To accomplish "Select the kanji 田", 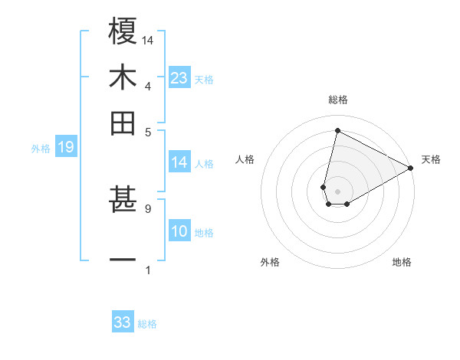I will point(123,123).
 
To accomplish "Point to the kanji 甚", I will point(123,201).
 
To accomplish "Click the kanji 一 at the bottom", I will point(123,260).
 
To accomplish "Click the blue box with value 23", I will point(179,77).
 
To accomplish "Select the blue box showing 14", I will point(179,162).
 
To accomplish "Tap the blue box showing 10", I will point(179,232).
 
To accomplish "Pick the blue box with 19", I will point(65,148).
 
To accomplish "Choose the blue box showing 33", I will point(123,322).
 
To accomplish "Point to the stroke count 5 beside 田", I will point(148,131).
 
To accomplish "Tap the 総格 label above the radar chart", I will point(337,100).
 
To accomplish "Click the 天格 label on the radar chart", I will point(431,159).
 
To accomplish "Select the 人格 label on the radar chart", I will point(245,159).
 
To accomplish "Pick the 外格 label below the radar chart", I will point(270,262).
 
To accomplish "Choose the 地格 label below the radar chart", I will point(402,262).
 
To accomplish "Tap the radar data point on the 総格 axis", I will point(337,130).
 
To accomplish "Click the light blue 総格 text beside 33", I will point(147,324).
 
